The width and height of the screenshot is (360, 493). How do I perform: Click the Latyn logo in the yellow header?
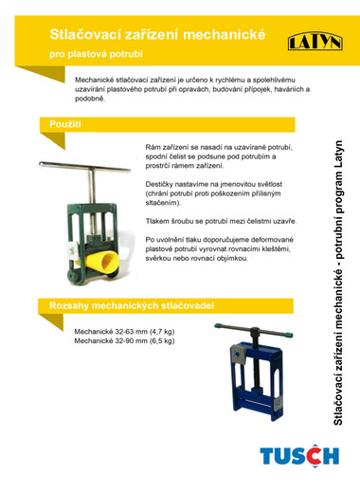(315, 41)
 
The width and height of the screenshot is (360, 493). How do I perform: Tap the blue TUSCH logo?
(299, 456)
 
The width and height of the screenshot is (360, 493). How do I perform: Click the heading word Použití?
(65, 124)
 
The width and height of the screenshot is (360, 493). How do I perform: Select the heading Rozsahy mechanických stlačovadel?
(132, 305)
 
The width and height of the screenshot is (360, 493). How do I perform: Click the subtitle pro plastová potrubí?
(96, 54)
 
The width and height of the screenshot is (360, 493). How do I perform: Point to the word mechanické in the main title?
(225, 34)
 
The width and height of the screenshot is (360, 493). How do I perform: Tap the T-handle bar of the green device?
(84, 167)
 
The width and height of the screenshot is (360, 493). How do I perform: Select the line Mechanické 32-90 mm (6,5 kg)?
(124, 340)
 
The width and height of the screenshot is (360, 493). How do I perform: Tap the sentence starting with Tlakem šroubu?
(221, 221)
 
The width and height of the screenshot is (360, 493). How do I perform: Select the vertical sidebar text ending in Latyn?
(338, 283)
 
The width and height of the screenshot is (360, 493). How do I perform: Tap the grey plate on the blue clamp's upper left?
(238, 355)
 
